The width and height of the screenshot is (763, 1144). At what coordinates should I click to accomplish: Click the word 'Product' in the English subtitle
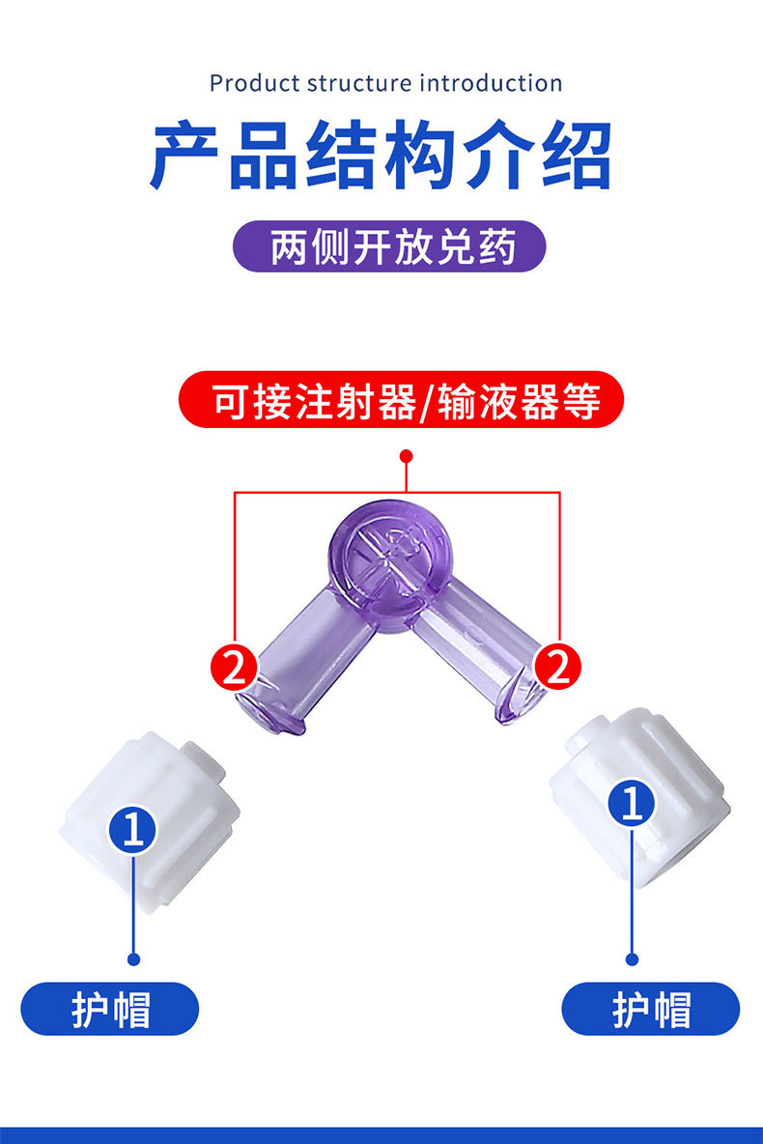(254, 83)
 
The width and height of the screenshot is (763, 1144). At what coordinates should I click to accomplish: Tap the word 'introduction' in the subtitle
(491, 83)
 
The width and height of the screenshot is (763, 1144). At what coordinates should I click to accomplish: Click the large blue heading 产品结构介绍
(381, 155)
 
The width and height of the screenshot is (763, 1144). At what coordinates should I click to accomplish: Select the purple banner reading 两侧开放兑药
(390, 248)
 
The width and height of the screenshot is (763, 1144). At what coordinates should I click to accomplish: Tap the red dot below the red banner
(407, 455)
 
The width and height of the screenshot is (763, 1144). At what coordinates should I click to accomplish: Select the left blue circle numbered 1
(133, 830)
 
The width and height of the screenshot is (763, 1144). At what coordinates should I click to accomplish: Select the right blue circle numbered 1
(632, 804)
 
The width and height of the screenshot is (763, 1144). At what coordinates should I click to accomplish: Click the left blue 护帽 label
(110, 1009)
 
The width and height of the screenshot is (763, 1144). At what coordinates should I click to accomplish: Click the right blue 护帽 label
(651, 1009)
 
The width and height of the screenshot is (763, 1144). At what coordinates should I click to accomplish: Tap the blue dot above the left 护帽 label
(134, 958)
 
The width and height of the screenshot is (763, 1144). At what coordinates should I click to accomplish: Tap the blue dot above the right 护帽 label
(633, 959)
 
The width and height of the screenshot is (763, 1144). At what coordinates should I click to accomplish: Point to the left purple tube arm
(299, 657)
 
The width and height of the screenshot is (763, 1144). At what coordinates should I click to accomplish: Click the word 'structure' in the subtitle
(359, 83)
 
